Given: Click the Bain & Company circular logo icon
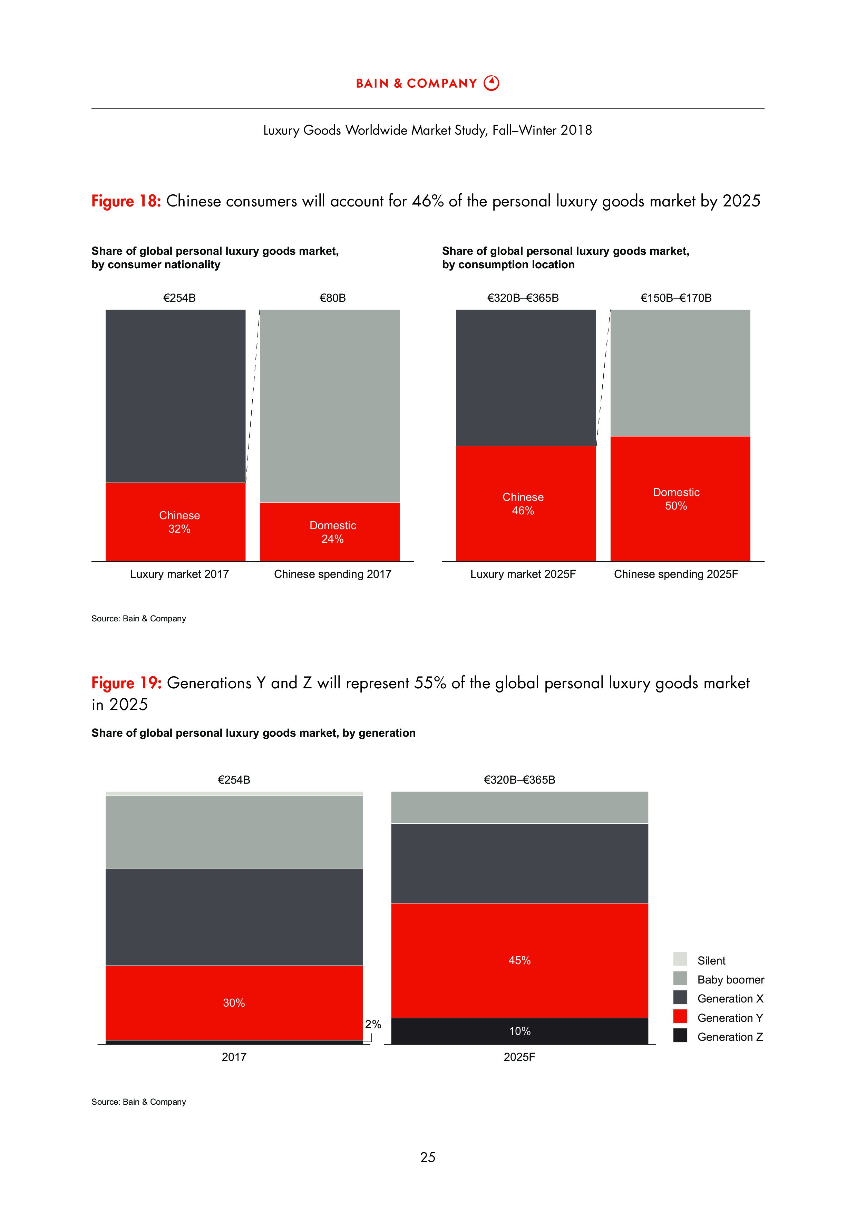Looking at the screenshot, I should click(x=492, y=83).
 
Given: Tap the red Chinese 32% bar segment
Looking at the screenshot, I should click(x=176, y=521).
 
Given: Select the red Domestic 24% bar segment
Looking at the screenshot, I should click(x=330, y=531).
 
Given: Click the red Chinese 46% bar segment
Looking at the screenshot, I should click(x=526, y=503).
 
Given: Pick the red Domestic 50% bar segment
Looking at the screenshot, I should click(x=680, y=498).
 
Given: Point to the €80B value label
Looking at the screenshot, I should click(x=333, y=298).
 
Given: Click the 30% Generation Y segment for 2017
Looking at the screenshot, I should click(x=234, y=1002).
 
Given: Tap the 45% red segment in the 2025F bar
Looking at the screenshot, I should click(x=519, y=960).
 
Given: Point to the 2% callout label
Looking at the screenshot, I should click(x=373, y=1024).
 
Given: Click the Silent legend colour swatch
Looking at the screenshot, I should click(x=680, y=958).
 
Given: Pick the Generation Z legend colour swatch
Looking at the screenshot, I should click(x=680, y=1035).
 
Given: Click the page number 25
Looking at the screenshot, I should click(x=428, y=1157).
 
